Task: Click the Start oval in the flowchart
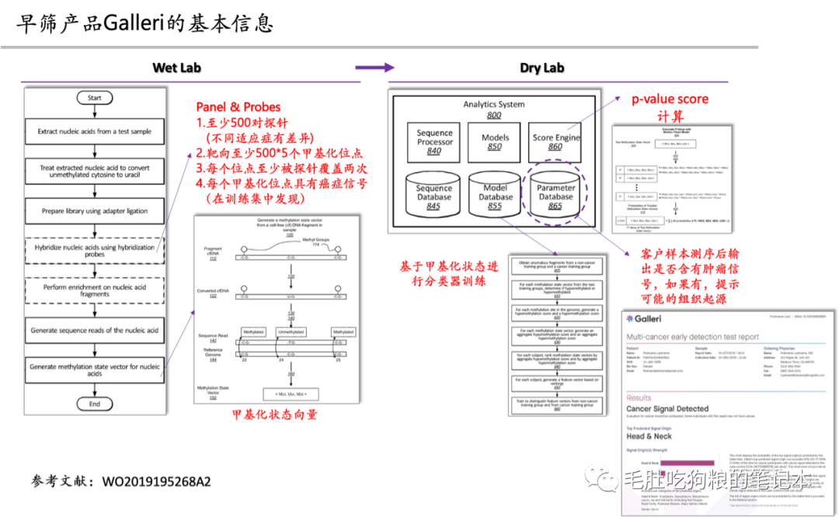click(x=94, y=98)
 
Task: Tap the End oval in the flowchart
click(x=94, y=403)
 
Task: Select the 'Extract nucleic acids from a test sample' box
click(x=94, y=131)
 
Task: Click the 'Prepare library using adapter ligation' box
click(x=94, y=211)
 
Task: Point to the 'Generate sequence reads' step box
click(x=94, y=330)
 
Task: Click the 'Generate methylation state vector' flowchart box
click(x=94, y=369)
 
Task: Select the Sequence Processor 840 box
click(x=434, y=142)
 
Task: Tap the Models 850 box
click(x=495, y=141)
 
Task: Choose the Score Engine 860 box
click(x=556, y=141)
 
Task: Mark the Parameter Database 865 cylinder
click(x=556, y=195)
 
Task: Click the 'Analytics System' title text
click(x=493, y=104)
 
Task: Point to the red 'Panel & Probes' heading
click(x=238, y=107)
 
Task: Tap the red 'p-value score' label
click(x=670, y=100)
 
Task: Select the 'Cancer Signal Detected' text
click(x=667, y=408)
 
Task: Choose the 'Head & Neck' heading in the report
click(x=649, y=437)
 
